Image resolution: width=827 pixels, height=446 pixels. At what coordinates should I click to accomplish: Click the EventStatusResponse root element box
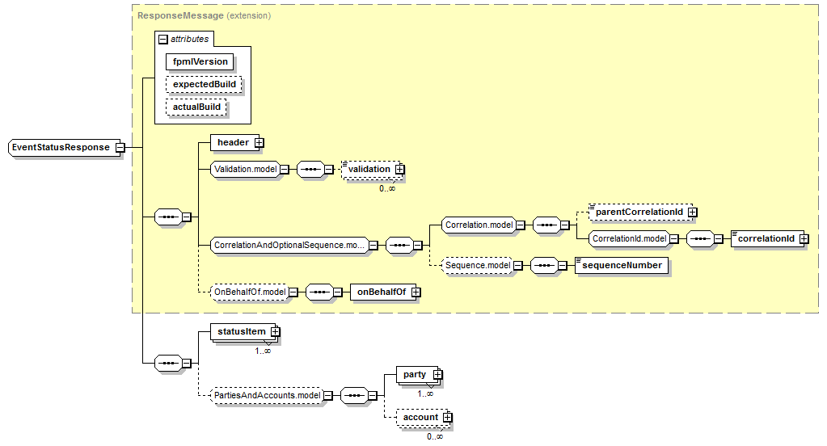tap(61, 148)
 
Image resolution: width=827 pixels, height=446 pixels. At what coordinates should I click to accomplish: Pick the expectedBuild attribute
tap(205, 84)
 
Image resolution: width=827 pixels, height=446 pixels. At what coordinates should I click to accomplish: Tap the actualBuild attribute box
tap(196, 107)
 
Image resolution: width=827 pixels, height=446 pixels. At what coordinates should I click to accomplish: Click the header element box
tap(233, 143)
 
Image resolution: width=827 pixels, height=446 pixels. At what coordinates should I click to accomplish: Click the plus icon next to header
tap(259, 143)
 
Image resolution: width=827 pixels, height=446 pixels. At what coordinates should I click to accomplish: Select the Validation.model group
tap(245, 170)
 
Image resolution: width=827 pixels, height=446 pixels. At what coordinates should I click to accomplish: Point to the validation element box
tap(369, 169)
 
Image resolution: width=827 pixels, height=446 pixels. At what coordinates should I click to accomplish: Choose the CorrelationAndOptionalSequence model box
tap(289, 245)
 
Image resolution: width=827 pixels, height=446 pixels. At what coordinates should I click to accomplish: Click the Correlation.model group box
tap(478, 225)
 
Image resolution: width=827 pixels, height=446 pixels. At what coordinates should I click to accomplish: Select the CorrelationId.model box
tap(628, 238)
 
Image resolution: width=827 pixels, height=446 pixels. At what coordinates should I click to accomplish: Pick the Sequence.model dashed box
tap(478, 265)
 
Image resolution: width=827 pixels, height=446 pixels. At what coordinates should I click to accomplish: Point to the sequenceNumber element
tap(622, 265)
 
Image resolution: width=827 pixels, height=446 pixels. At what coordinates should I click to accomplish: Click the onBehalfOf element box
tap(381, 292)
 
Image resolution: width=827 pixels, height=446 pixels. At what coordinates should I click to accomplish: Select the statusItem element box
tap(242, 331)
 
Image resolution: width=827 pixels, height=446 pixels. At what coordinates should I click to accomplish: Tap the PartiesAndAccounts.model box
tap(264, 395)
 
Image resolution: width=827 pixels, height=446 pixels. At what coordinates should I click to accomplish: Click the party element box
tap(415, 375)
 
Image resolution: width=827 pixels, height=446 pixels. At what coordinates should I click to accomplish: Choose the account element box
tap(420, 418)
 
